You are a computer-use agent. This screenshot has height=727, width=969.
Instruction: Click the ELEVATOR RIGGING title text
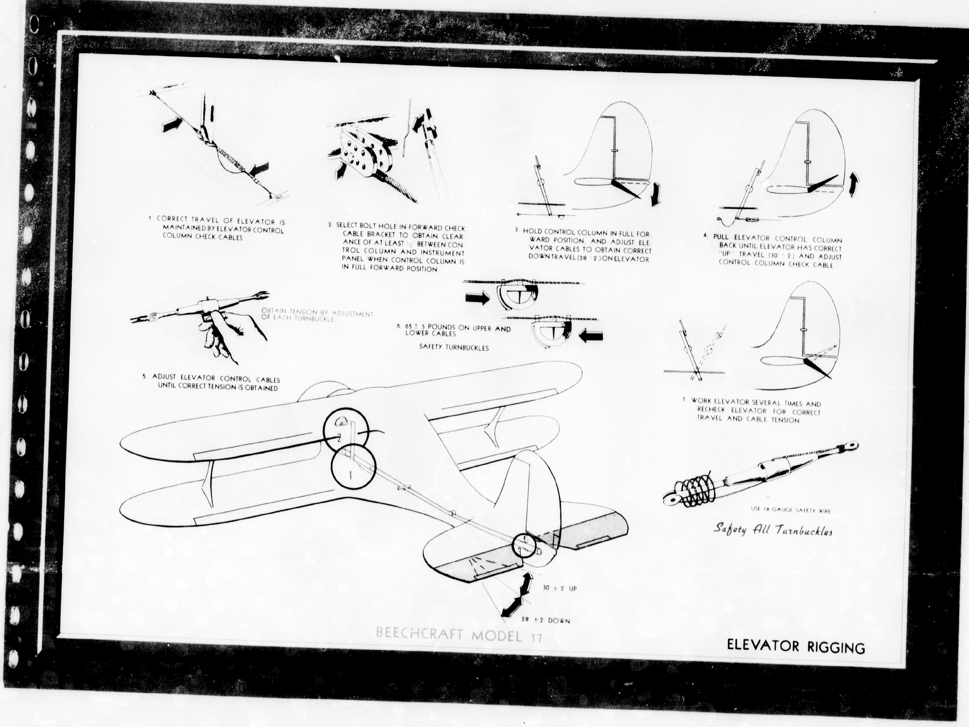click(796, 647)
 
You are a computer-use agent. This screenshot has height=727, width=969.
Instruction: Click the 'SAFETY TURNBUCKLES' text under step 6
click(454, 348)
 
